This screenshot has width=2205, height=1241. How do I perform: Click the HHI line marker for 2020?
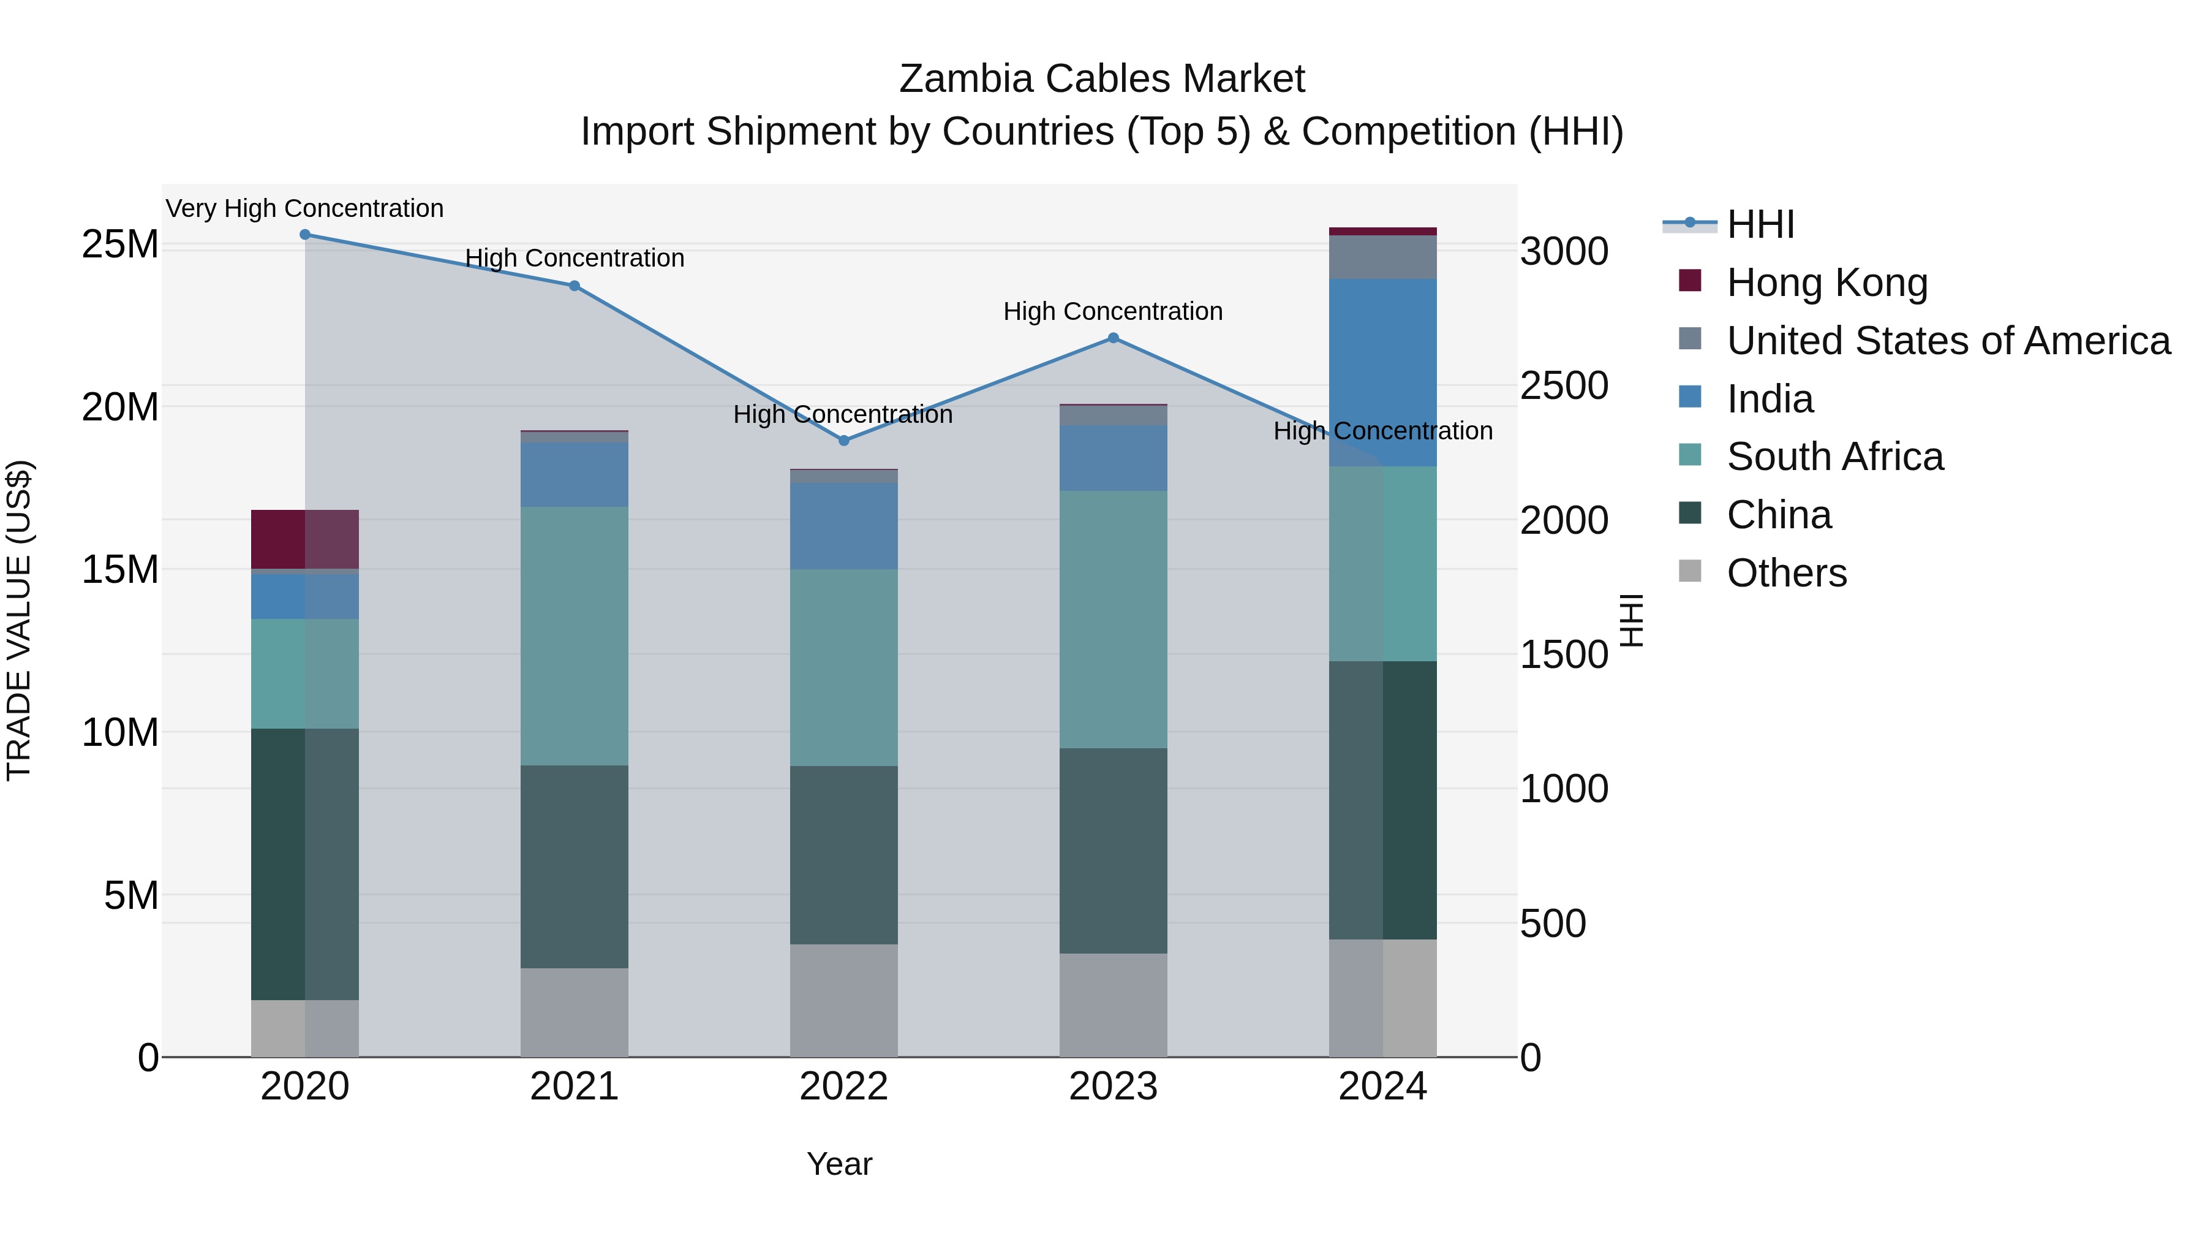coord(305,234)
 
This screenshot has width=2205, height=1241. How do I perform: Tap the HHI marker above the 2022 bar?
coord(844,440)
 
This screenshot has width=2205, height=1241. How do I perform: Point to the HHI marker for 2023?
coord(1113,338)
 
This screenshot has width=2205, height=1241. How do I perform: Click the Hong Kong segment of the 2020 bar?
coord(305,539)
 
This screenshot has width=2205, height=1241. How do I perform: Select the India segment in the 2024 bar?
coord(1382,372)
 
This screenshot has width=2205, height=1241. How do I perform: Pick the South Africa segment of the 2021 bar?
coord(575,636)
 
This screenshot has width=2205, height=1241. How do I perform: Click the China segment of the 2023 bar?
coord(1113,851)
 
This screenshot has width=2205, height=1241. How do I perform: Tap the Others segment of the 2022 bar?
coord(844,1000)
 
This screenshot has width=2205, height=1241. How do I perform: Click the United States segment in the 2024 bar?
coord(1382,257)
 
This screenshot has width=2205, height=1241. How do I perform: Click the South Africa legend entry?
coord(1834,457)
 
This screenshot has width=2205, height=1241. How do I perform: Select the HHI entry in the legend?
coord(1760,224)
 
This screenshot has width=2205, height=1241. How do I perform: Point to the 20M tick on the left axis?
coord(120,407)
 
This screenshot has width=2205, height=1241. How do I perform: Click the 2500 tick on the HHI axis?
coord(1564,385)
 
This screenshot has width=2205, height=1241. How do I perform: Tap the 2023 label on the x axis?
coord(1113,1087)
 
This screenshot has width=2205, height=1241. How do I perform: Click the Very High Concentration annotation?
coord(305,208)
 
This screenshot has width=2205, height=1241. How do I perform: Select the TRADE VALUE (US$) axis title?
coord(19,620)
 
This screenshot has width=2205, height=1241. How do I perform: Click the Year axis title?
coord(839,1164)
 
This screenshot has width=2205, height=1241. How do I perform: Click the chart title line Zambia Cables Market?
coord(1102,79)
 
